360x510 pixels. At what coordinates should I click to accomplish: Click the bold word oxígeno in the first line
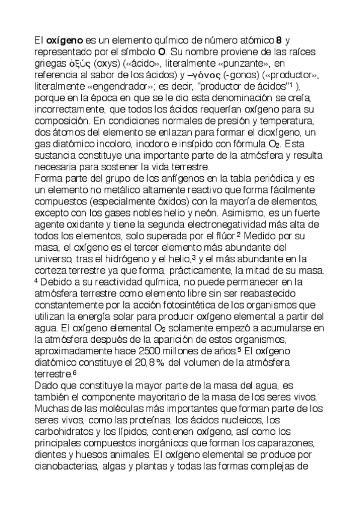(64, 40)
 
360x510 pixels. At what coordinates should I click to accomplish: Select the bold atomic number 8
(278, 40)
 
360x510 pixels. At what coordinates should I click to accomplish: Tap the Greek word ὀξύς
(79, 63)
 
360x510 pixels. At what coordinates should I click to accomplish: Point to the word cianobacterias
(67, 465)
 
